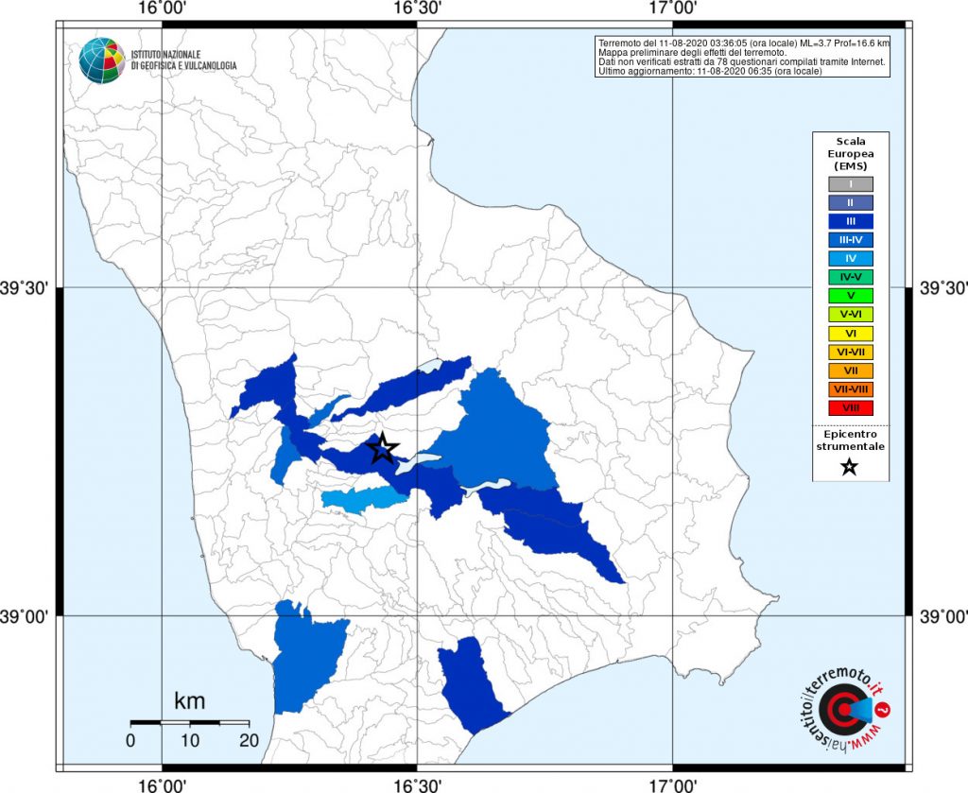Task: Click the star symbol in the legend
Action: (849, 466)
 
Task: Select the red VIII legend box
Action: (850, 407)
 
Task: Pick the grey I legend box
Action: (850, 184)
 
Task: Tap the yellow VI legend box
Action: (850, 333)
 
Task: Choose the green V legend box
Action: (850, 296)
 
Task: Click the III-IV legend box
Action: (850, 240)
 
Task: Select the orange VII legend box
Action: (850, 371)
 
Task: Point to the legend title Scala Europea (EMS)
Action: (850, 153)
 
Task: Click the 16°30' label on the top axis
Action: (417, 9)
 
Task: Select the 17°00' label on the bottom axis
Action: (672, 784)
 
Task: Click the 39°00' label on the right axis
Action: (941, 616)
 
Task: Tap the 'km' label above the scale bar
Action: (190, 701)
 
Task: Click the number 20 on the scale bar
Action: (249, 740)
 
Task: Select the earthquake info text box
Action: (743, 57)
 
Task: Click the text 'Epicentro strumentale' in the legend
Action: (850, 440)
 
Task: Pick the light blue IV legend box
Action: (850, 258)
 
